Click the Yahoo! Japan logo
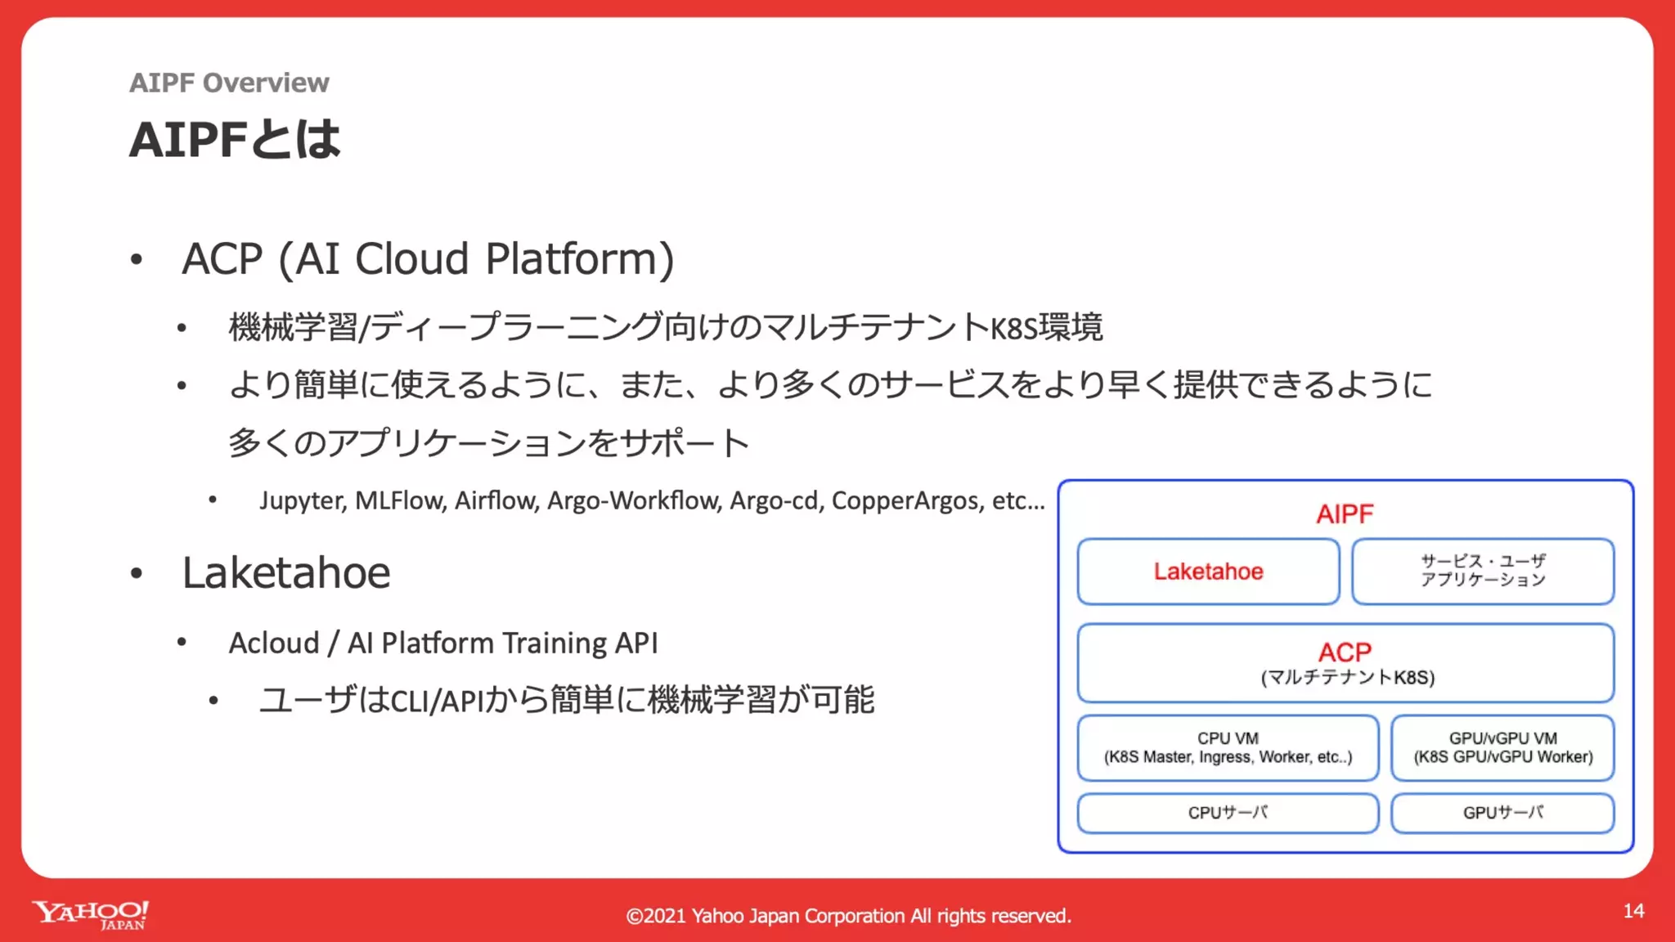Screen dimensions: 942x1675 tap(90, 914)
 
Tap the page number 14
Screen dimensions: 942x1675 tap(1633, 911)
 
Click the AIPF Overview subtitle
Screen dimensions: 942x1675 tap(229, 83)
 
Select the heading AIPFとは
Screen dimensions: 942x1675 tap(234, 139)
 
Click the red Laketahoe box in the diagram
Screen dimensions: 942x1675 tap(1208, 572)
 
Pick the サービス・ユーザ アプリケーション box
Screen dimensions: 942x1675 tap(1482, 571)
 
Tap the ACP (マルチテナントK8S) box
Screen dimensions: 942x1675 tap(1345, 663)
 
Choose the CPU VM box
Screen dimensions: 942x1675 tap(1228, 747)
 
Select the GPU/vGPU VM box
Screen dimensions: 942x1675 tap(1502, 747)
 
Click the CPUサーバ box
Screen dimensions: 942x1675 tap(1228, 813)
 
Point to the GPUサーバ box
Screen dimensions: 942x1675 tap(1502, 813)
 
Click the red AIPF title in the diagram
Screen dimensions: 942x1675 tap(1345, 514)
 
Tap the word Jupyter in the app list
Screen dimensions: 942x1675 tap(302, 500)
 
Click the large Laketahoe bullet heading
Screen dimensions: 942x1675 tap(285, 572)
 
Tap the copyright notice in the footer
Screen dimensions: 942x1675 tap(848, 916)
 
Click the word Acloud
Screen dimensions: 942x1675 tap(274, 644)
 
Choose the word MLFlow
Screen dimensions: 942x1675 tap(400, 500)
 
